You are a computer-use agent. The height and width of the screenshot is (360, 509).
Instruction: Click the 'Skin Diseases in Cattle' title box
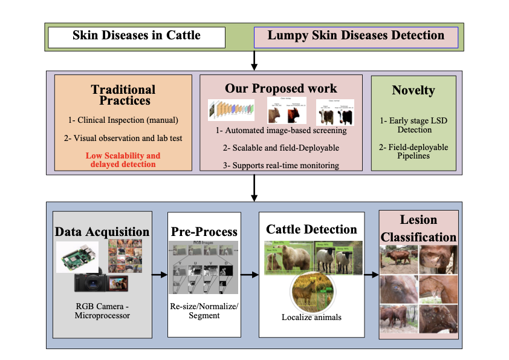tap(137, 36)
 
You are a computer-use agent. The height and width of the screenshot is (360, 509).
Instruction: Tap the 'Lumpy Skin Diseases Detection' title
tap(355, 36)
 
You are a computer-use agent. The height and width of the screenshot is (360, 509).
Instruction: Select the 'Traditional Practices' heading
tap(123, 95)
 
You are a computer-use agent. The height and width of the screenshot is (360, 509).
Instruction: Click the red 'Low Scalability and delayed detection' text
tap(123, 160)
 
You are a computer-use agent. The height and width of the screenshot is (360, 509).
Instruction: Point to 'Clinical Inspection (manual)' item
tap(123, 120)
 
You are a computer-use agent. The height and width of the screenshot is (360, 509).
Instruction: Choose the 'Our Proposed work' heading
tap(281, 88)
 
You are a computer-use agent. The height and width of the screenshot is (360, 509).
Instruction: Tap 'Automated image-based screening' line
tap(281, 130)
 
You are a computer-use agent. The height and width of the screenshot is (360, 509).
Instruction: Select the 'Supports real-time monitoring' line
tap(281, 165)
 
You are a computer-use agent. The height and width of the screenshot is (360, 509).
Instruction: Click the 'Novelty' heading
tap(413, 90)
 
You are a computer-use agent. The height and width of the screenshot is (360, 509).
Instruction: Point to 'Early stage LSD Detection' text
tap(414, 125)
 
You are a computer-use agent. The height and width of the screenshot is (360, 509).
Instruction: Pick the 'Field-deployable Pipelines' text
tap(414, 152)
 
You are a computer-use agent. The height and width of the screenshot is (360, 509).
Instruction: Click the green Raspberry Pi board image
tap(77, 257)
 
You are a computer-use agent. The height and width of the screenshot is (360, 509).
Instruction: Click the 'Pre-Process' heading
tap(204, 232)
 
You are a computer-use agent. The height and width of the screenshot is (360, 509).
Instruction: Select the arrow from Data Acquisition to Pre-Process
tap(159, 275)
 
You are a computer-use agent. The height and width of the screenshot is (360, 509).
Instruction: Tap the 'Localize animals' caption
tap(311, 317)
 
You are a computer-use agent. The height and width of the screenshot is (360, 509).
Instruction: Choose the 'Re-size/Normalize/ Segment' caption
tap(204, 311)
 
